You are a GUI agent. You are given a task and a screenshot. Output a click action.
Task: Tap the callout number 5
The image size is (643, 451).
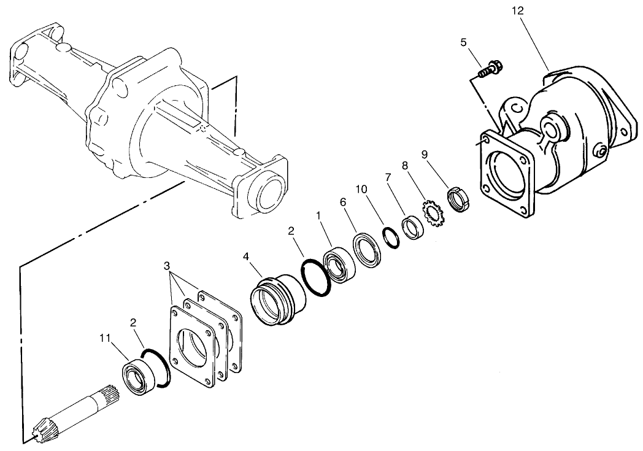[x=464, y=42]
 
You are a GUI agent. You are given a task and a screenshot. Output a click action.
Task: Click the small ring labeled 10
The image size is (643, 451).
[x=390, y=236]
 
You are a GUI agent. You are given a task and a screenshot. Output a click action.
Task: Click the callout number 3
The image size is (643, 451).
[x=167, y=266]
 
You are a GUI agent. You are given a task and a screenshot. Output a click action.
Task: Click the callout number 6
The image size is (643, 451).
[x=343, y=201]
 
